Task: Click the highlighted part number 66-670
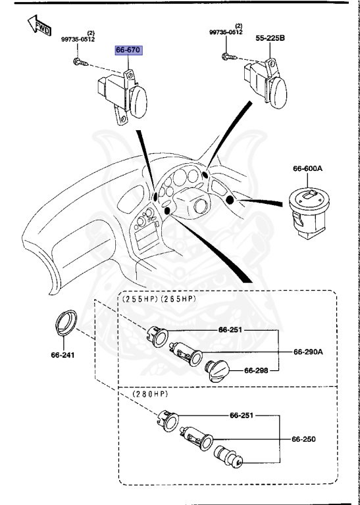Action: click(128, 49)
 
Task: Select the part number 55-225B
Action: click(270, 39)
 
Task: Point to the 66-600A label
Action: click(308, 169)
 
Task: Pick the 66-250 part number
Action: click(305, 439)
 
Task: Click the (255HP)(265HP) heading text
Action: click(159, 299)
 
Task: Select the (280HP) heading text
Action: click(150, 394)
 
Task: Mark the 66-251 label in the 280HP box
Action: click(243, 416)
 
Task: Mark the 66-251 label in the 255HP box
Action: click(232, 330)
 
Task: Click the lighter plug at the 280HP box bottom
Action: click(231, 458)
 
